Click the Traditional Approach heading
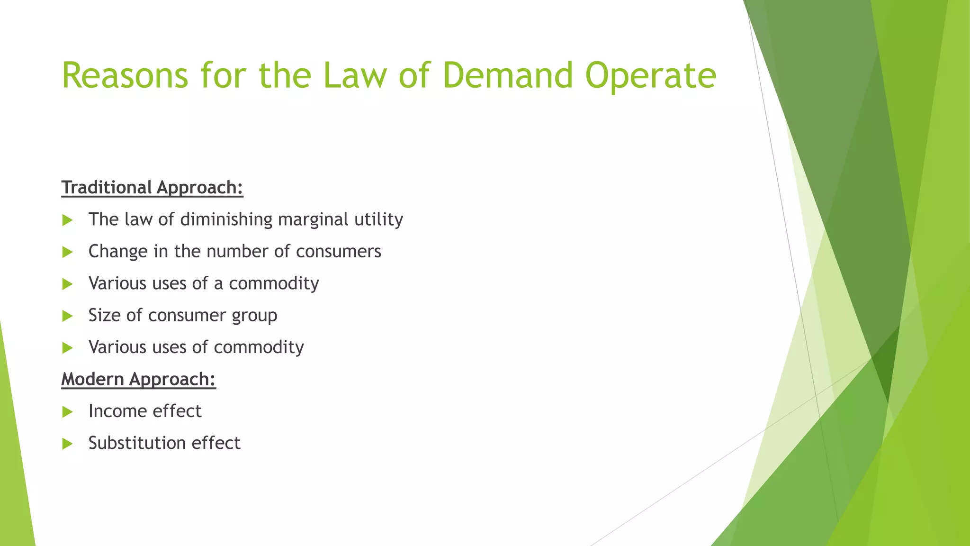coord(152,188)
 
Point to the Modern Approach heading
coord(138,379)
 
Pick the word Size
coord(105,316)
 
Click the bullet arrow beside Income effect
coord(68,412)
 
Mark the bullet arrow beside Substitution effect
coord(68,444)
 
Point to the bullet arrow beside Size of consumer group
coord(68,316)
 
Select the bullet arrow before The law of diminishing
coord(68,220)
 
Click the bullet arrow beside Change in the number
coord(68,252)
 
